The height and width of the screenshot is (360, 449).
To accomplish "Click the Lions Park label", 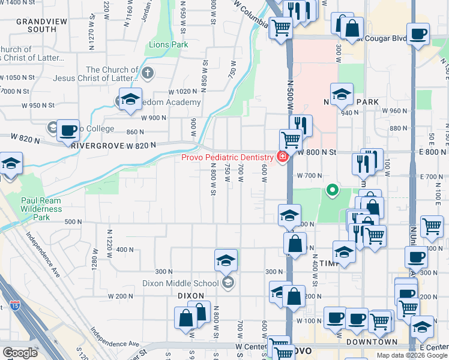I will pyautogui.click(x=168, y=45).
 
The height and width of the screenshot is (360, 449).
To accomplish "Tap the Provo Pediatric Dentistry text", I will pyautogui.click(x=228, y=157).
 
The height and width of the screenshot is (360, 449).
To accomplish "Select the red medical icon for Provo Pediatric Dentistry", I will pyautogui.click(x=282, y=157).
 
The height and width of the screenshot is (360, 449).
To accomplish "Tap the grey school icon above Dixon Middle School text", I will pyautogui.click(x=227, y=283).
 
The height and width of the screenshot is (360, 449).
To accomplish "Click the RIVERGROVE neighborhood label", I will pyautogui.click(x=97, y=145).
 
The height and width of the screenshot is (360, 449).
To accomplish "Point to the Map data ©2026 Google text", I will pyautogui.click(x=412, y=355).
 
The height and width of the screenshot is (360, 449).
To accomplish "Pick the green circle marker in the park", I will pyautogui.click(x=331, y=191).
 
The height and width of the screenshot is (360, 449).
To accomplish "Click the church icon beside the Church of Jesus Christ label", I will pyautogui.click(x=148, y=74).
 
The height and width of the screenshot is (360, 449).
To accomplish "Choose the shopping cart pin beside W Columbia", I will pyautogui.click(x=280, y=27).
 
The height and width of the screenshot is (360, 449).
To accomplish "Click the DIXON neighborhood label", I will pyautogui.click(x=191, y=296).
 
